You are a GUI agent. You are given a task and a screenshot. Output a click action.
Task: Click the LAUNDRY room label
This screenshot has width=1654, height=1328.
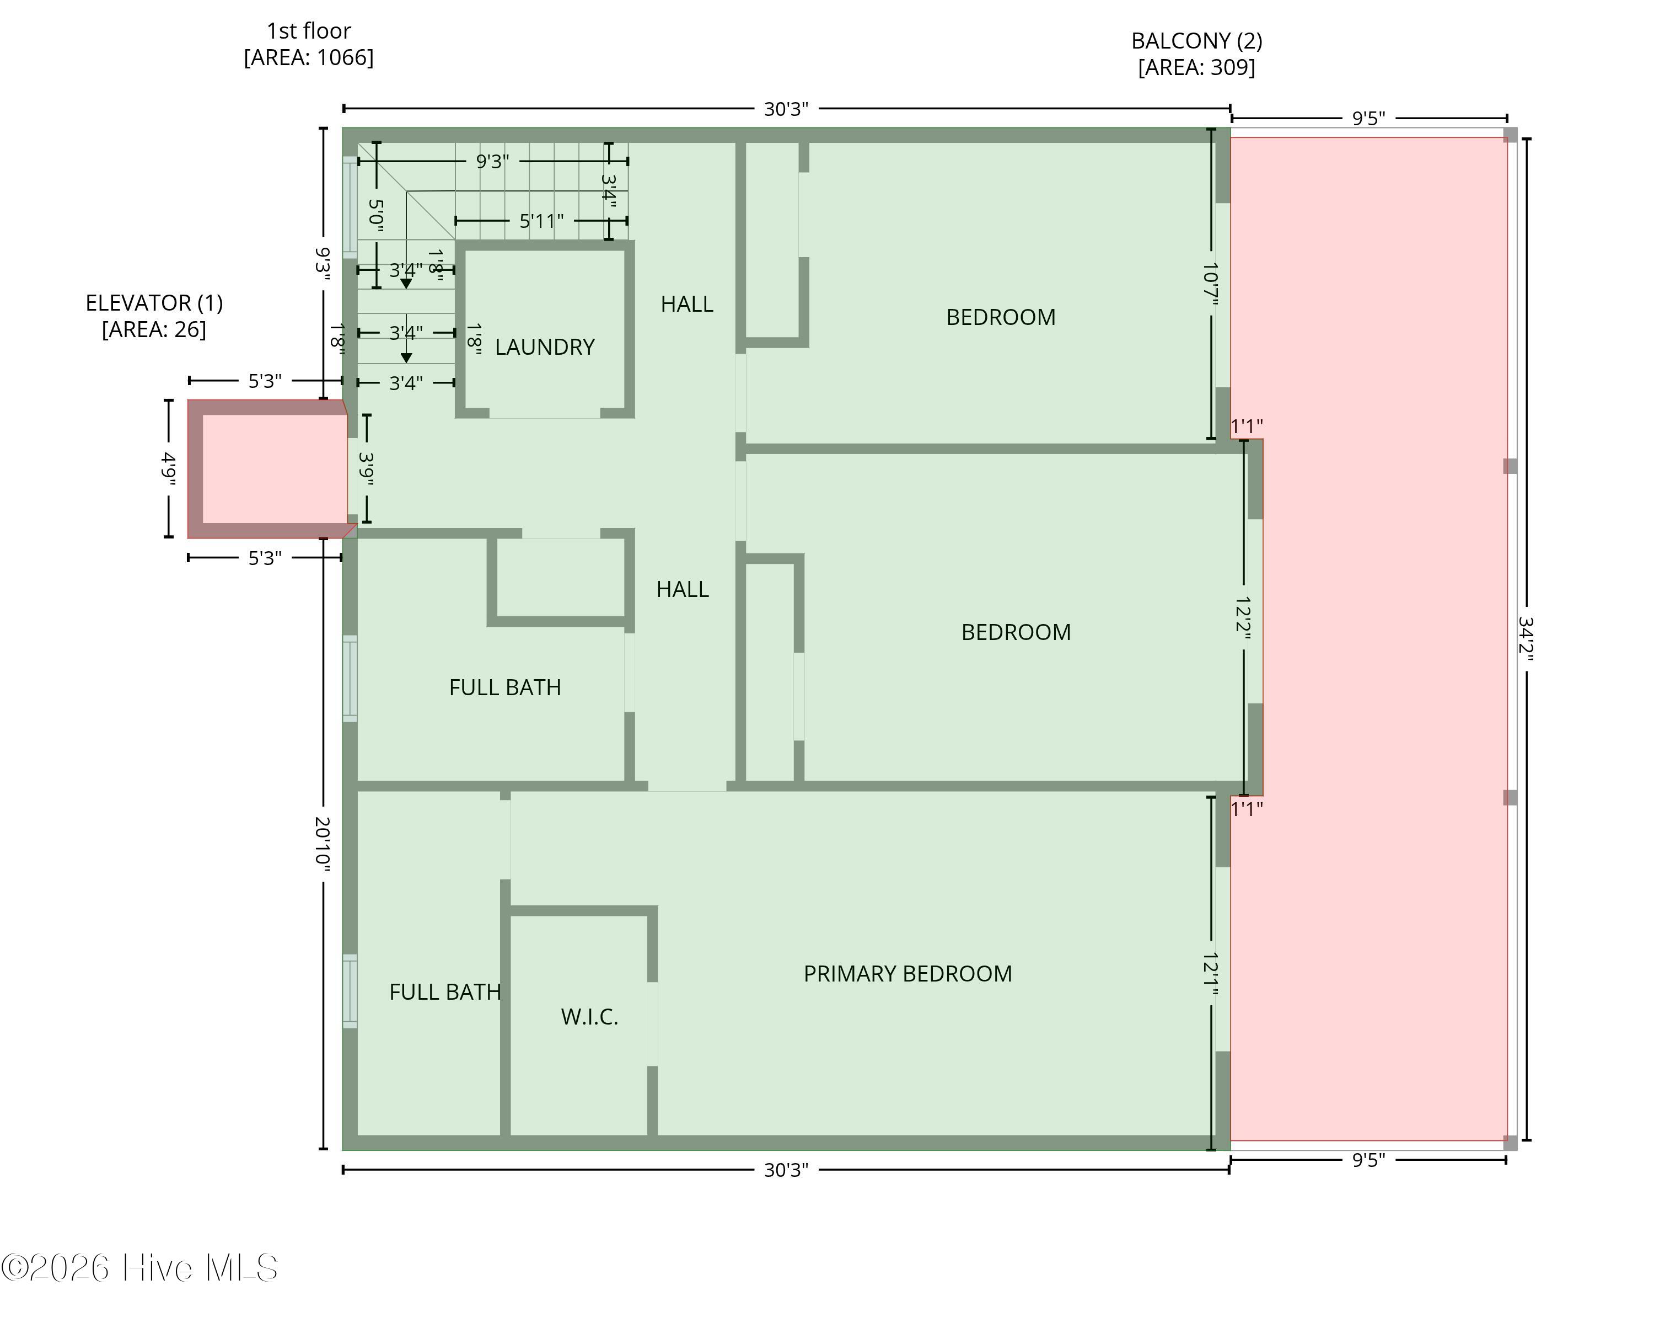click(x=545, y=347)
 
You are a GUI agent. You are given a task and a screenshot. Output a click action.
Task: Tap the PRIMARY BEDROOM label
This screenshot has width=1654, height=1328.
click(x=907, y=973)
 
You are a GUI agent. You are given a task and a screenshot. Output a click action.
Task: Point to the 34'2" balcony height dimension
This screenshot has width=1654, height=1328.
click(x=1526, y=639)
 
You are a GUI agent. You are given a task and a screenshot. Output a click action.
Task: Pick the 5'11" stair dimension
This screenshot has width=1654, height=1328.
click(x=541, y=221)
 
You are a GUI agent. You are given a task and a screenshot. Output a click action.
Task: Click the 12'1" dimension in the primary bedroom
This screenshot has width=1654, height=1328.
click(x=1211, y=974)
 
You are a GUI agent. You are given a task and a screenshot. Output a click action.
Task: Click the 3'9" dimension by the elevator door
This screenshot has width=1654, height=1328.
click(x=367, y=468)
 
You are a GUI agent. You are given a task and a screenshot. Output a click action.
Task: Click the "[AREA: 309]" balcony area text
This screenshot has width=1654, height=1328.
click(x=1197, y=67)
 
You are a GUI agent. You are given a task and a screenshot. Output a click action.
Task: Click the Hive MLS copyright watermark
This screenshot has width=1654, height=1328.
click(x=139, y=1267)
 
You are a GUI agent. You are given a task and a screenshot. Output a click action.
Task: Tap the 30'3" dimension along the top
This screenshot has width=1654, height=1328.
click(x=786, y=109)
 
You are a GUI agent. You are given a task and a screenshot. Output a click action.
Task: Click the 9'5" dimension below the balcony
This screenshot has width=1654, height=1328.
click(x=1368, y=1160)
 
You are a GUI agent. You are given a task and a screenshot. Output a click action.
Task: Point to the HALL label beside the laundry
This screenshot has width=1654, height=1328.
click(x=686, y=304)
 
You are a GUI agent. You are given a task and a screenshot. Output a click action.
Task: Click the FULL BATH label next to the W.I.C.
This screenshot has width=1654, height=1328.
click(x=445, y=992)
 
